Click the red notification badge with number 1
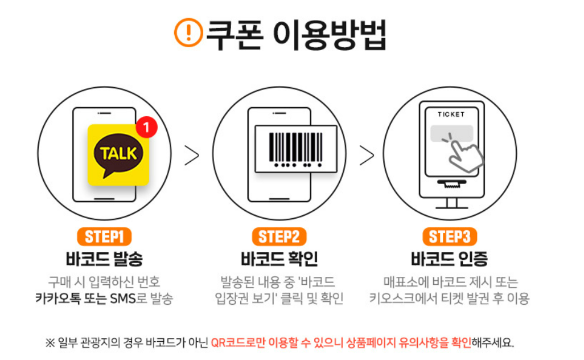coord(146,128)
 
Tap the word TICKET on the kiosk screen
coord(451,114)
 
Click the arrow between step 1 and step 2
coord(192,156)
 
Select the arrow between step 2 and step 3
coord(367,156)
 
